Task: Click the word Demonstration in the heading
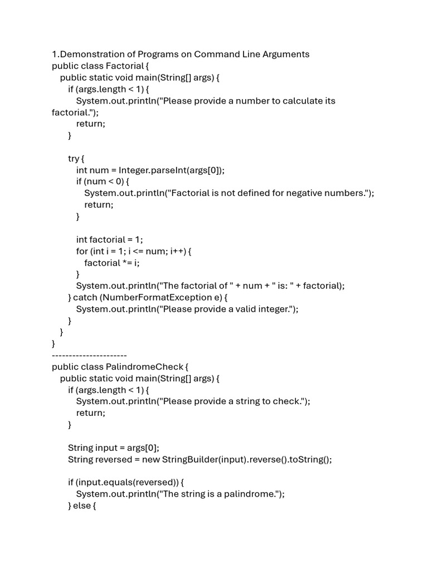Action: (x=87, y=54)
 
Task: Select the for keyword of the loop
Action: (x=82, y=251)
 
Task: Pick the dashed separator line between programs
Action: (x=89, y=355)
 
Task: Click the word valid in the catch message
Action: (x=240, y=309)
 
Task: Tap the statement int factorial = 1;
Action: (x=109, y=239)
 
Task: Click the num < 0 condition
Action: (x=106, y=181)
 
